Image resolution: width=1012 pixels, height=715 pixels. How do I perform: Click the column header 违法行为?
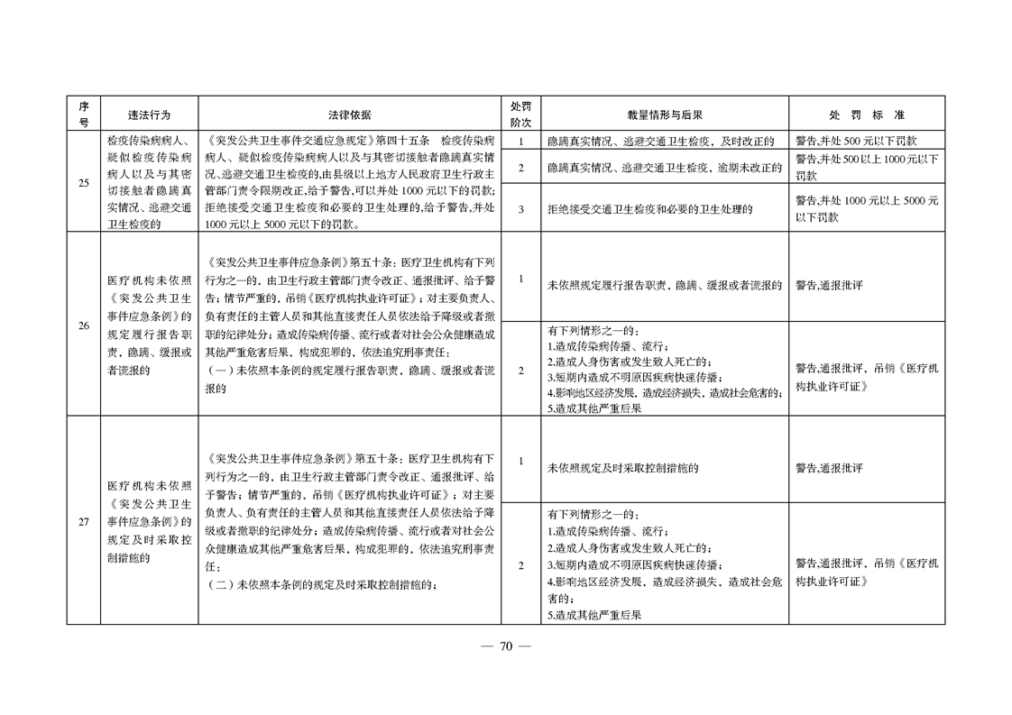pos(149,115)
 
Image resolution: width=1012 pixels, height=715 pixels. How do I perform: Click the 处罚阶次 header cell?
pos(520,115)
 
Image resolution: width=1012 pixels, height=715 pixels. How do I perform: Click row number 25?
pos(83,183)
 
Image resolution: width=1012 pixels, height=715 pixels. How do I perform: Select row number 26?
pos(83,325)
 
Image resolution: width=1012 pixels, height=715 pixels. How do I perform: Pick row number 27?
pos(83,521)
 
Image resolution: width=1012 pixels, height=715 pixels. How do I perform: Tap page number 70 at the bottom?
pos(506,646)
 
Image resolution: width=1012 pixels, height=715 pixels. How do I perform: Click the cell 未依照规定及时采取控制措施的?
pos(623,469)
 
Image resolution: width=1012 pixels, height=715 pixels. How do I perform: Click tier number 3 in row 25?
pos(520,209)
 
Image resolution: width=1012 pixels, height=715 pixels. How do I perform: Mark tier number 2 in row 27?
pos(520,565)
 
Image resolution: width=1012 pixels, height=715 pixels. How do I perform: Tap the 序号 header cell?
pos(83,115)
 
